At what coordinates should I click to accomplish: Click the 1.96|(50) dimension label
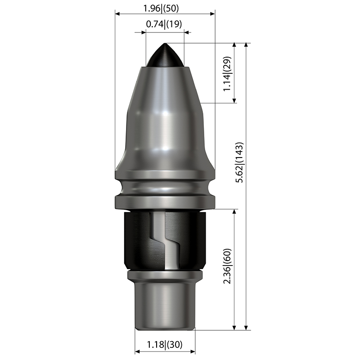click(161, 9)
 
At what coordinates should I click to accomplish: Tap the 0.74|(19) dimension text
click(164, 24)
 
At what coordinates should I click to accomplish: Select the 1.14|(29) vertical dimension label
click(228, 73)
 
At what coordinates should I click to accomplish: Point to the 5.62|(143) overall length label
click(239, 162)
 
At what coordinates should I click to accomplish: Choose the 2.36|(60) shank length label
click(228, 266)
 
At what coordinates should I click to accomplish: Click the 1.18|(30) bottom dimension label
click(165, 344)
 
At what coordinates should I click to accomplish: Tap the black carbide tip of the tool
click(165, 55)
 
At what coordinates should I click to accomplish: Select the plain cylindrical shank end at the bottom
click(165, 306)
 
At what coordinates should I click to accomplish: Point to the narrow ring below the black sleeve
click(165, 274)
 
